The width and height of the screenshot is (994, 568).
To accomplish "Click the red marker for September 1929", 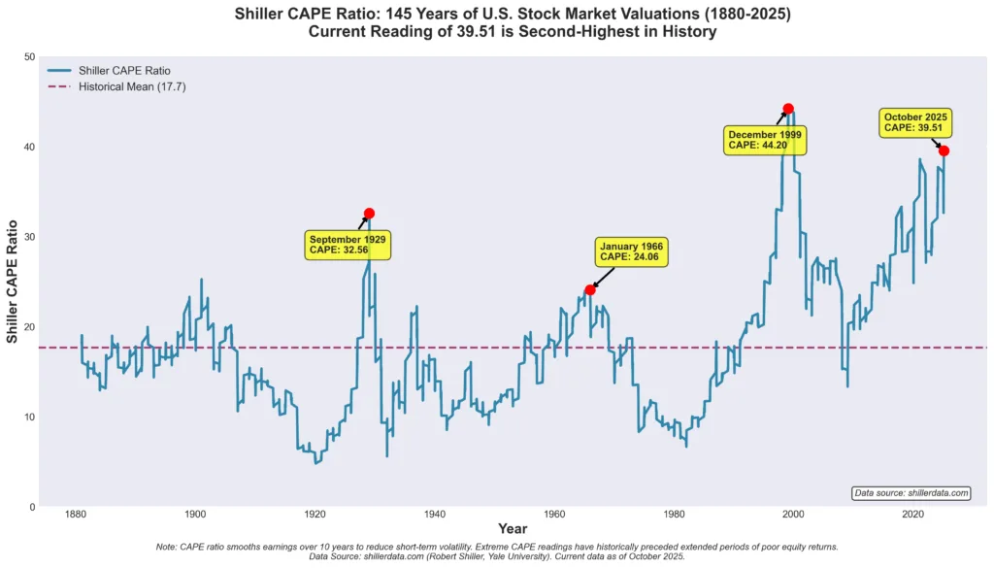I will pos(369,214).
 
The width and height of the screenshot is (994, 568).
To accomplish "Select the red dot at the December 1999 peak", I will pos(788,109).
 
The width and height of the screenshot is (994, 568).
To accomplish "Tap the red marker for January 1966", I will pos(590,289).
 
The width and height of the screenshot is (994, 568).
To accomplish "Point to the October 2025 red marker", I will pos(944,150).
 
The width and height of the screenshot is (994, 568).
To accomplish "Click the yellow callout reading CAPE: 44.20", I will pos(765,139).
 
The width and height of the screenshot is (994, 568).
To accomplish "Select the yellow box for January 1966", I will pos(631,251).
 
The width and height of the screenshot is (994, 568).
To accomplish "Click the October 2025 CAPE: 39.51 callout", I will pos(914,122).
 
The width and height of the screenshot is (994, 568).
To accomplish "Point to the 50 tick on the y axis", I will pos(28,56).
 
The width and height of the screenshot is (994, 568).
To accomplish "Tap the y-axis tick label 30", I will pos(28,237).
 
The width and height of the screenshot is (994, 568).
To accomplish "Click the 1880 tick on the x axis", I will pos(75,514).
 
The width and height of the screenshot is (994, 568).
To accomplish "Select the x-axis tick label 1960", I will pos(553,514).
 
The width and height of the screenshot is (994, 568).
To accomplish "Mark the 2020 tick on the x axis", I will pos(912,514).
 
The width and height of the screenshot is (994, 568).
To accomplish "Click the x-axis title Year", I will pos(513,529).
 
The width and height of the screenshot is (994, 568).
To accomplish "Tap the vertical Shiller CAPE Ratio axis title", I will pos(13,282).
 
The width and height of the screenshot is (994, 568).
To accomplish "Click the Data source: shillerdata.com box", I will pos(911,493).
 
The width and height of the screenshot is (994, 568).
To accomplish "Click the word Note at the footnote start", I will pos(168,547).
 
